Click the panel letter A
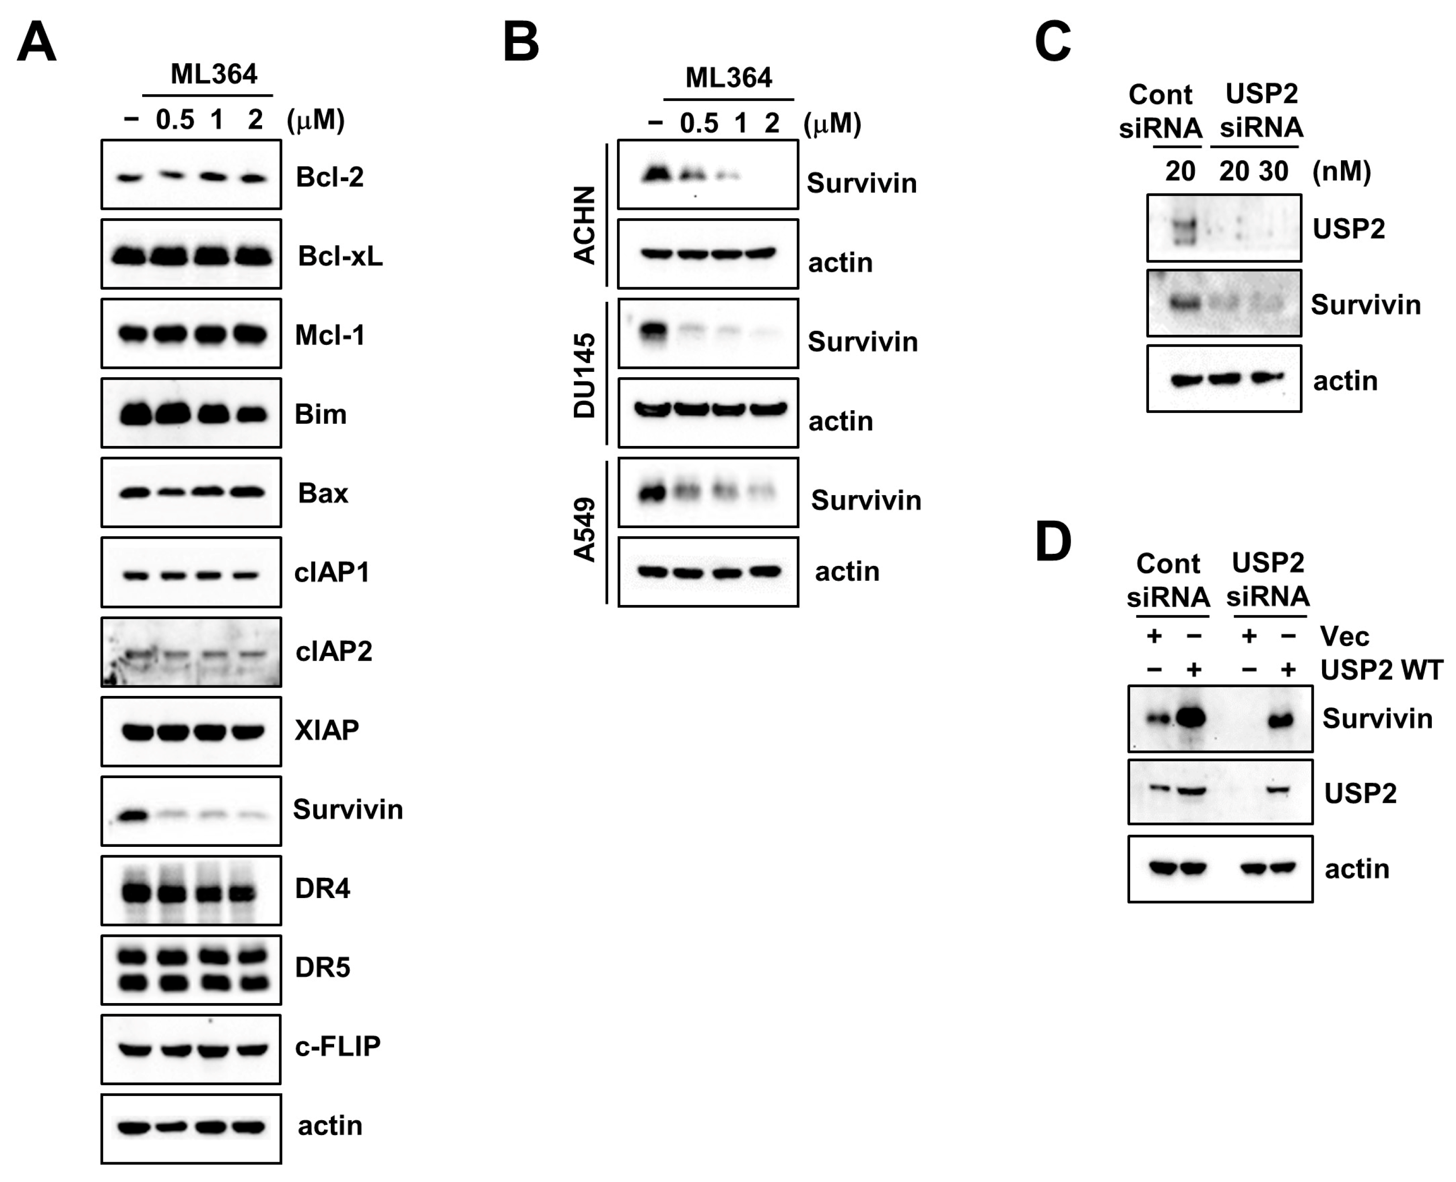pyautogui.click(x=36, y=42)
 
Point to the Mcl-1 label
pyautogui.click(x=329, y=335)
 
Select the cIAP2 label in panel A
pyautogui.click(x=334, y=651)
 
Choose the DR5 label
pyautogui.click(x=322, y=967)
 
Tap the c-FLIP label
pyautogui.click(x=337, y=1046)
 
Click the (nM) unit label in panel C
pyautogui.click(x=1341, y=171)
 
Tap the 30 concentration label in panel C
pyautogui.click(x=1273, y=171)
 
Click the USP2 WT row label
pyautogui.click(x=1381, y=670)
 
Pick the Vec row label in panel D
pyautogui.click(x=1344, y=636)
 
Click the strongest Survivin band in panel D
pyautogui.click(x=1194, y=718)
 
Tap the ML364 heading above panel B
pyautogui.click(x=728, y=77)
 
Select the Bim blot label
pyautogui.click(x=320, y=414)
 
